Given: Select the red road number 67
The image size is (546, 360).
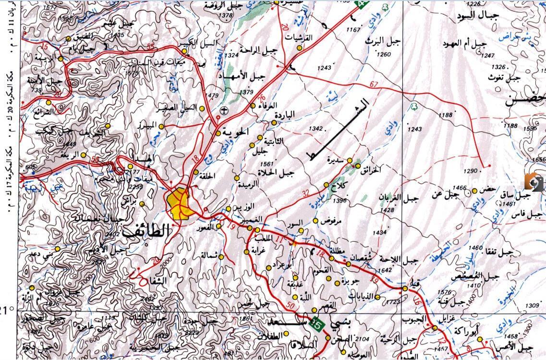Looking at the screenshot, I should pyautogui.click(x=375, y=85).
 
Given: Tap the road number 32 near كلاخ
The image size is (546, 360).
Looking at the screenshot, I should pyautogui.click(x=306, y=194).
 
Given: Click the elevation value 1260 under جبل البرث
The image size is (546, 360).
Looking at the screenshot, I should pyautogui.click(x=384, y=54).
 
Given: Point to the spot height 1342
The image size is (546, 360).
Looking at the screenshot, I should pyautogui.click(x=316, y=129).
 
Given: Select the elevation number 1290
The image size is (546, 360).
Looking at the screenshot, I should pyautogui.click(x=471, y=171).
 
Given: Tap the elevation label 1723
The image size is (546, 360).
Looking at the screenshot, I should pyautogui.click(x=392, y=302).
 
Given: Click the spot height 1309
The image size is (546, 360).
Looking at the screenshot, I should pyautogui.click(x=532, y=306).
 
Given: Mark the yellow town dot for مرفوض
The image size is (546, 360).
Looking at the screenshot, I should pyautogui.click(x=315, y=221).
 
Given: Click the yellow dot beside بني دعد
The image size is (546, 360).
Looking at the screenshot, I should pyautogui.click(x=58, y=249).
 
